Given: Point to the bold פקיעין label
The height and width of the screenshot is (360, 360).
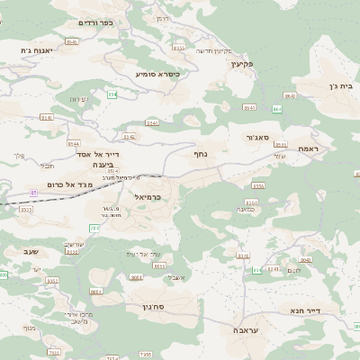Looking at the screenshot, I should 243,64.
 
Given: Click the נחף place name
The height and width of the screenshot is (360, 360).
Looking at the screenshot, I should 202,154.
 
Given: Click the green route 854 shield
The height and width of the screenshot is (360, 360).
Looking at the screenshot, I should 112,94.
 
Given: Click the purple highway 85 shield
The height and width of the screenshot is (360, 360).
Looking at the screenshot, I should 34,193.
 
